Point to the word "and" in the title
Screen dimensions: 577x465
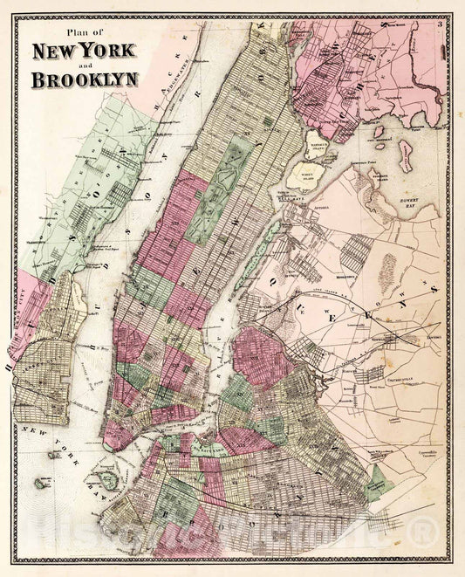[85, 65]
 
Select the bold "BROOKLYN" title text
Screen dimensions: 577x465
[85, 79]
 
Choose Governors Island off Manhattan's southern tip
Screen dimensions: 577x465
[108, 478]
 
